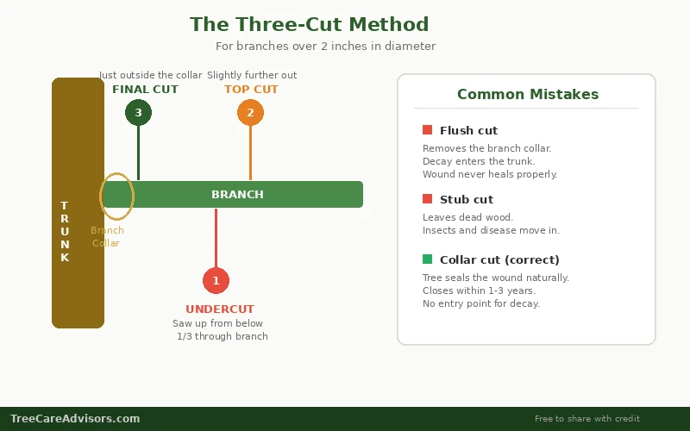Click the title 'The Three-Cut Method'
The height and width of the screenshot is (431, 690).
coord(309,24)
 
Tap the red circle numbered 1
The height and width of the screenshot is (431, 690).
coord(216,280)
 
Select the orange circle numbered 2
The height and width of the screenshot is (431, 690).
coord(250,112)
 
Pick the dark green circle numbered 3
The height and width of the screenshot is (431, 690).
coord(138,112)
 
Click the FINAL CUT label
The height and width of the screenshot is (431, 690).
coord(145,90)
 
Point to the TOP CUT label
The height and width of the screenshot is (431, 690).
coord(251,90)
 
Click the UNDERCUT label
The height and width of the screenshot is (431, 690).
coord(220,309)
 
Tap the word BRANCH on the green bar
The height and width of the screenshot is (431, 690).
coord(237,195)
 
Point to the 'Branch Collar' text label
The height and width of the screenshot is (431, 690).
coord(107,237)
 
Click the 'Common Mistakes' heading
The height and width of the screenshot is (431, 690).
coord(527,95)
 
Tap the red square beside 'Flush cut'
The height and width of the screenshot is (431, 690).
coord(427,130)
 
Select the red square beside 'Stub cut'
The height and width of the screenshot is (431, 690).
coord(427,199)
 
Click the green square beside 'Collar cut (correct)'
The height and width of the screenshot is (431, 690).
coord(427,259)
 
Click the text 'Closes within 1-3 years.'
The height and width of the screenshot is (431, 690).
coord(479,291)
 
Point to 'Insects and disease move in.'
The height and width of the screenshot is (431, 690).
coord(491,231)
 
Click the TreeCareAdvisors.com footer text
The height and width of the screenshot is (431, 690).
coord(75,419)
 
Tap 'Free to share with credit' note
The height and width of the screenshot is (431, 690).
coord(586,419)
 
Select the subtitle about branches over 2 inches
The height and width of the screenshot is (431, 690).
coord(325,47)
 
